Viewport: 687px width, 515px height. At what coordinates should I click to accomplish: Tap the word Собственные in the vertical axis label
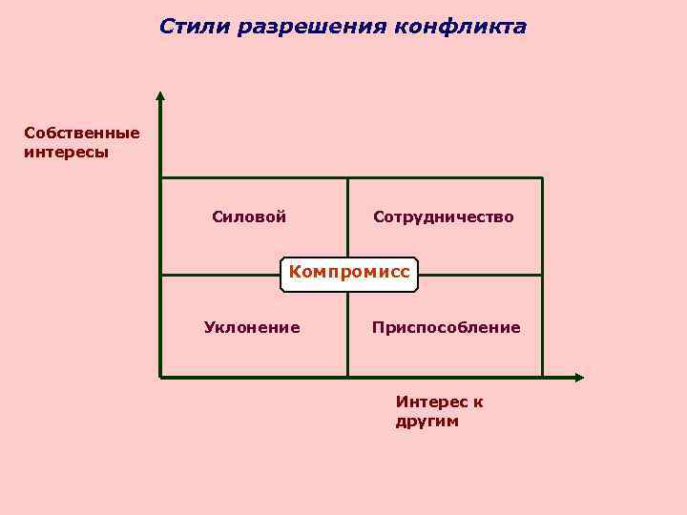(82, 133)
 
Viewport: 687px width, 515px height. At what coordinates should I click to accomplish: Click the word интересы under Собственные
(67, 151)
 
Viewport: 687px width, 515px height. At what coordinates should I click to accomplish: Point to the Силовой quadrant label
(249, 216)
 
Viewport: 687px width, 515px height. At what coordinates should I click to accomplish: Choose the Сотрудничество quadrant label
(444, 216)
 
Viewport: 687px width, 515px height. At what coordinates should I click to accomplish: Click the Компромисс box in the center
(349, 273)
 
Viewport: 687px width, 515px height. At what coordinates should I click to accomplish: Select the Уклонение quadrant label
(252, 327)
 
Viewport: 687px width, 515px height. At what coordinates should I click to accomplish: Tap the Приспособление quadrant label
(447, 327)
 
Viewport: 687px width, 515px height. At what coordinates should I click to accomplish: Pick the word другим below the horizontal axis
(427, 421)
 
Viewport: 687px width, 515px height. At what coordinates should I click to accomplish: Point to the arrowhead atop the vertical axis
(160, 95)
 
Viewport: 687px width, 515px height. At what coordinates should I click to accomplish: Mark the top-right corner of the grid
(542, 177)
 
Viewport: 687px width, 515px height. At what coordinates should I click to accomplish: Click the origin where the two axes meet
(160, 377)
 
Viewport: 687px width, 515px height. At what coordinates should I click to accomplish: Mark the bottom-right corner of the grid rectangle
(542, 377)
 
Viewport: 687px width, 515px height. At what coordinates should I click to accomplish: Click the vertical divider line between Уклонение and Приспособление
(347, 329)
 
